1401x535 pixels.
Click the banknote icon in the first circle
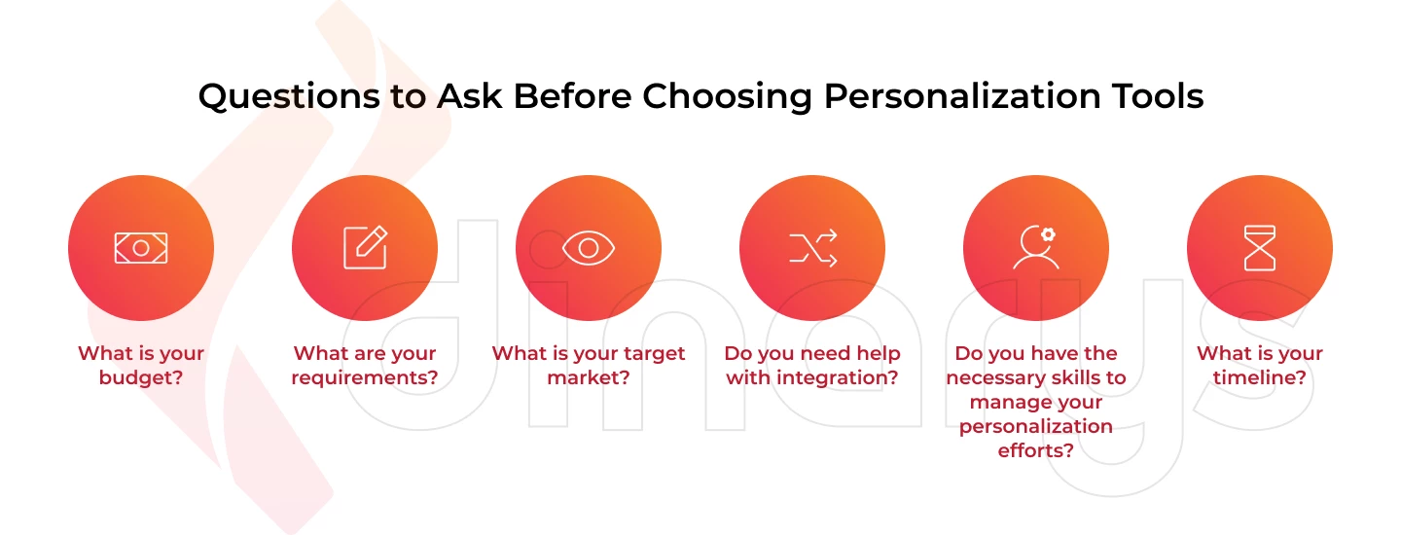tap(141, 248)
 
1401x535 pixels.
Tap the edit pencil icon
tap(366, 247)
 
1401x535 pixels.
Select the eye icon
tap(589, 248)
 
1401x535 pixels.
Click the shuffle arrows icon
tap(812, 248)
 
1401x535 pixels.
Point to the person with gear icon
tap(1036, 247)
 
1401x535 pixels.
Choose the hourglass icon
tap(1260, 248)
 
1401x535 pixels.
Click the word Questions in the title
tap(290, 97)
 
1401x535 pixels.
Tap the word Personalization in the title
tap(962, 97)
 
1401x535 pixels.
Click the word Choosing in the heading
tap(728, 97)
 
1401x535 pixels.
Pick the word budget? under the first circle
tap(141, 377)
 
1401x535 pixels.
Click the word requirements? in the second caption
tap(365, 378)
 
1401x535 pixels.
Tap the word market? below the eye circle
tap(589, 377)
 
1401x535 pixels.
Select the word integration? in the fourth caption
tap(838, 378)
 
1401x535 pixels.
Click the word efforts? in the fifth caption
tap(1036, 450)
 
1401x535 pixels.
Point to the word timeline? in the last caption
tap(1260, 377)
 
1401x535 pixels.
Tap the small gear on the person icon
tap(1048, 234)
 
